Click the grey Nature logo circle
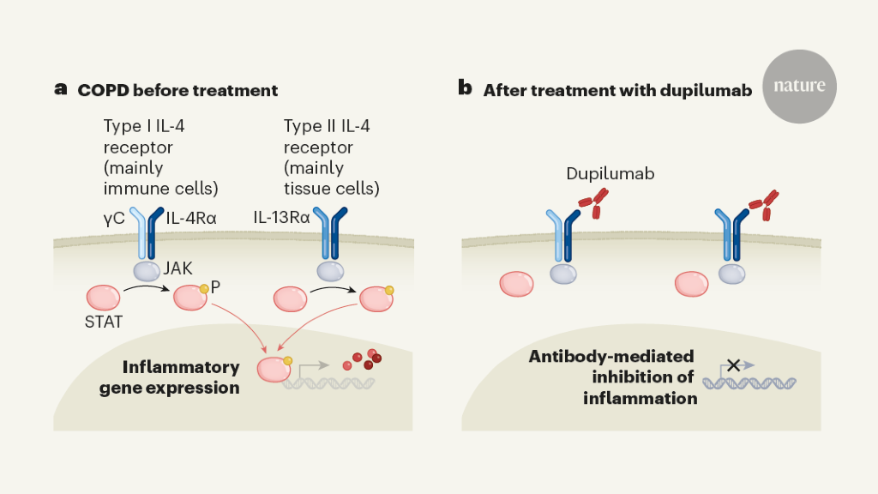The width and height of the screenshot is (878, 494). coord(799,86)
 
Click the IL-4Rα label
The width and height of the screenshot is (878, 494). coord(192,219)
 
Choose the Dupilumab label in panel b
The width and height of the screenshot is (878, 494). coord(610,174)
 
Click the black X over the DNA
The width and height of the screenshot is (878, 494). coord(734,365)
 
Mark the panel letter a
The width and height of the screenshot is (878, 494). coord(61,88)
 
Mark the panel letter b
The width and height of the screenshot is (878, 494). coord(466,88)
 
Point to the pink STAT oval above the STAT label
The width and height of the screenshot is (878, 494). coord(105,298)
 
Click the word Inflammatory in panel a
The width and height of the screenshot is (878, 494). coord(181,367)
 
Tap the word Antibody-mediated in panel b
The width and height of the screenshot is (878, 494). coord(611,357)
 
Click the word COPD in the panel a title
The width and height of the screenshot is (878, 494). coord(101,89)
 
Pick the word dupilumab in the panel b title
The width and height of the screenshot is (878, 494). coord(706,89)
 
